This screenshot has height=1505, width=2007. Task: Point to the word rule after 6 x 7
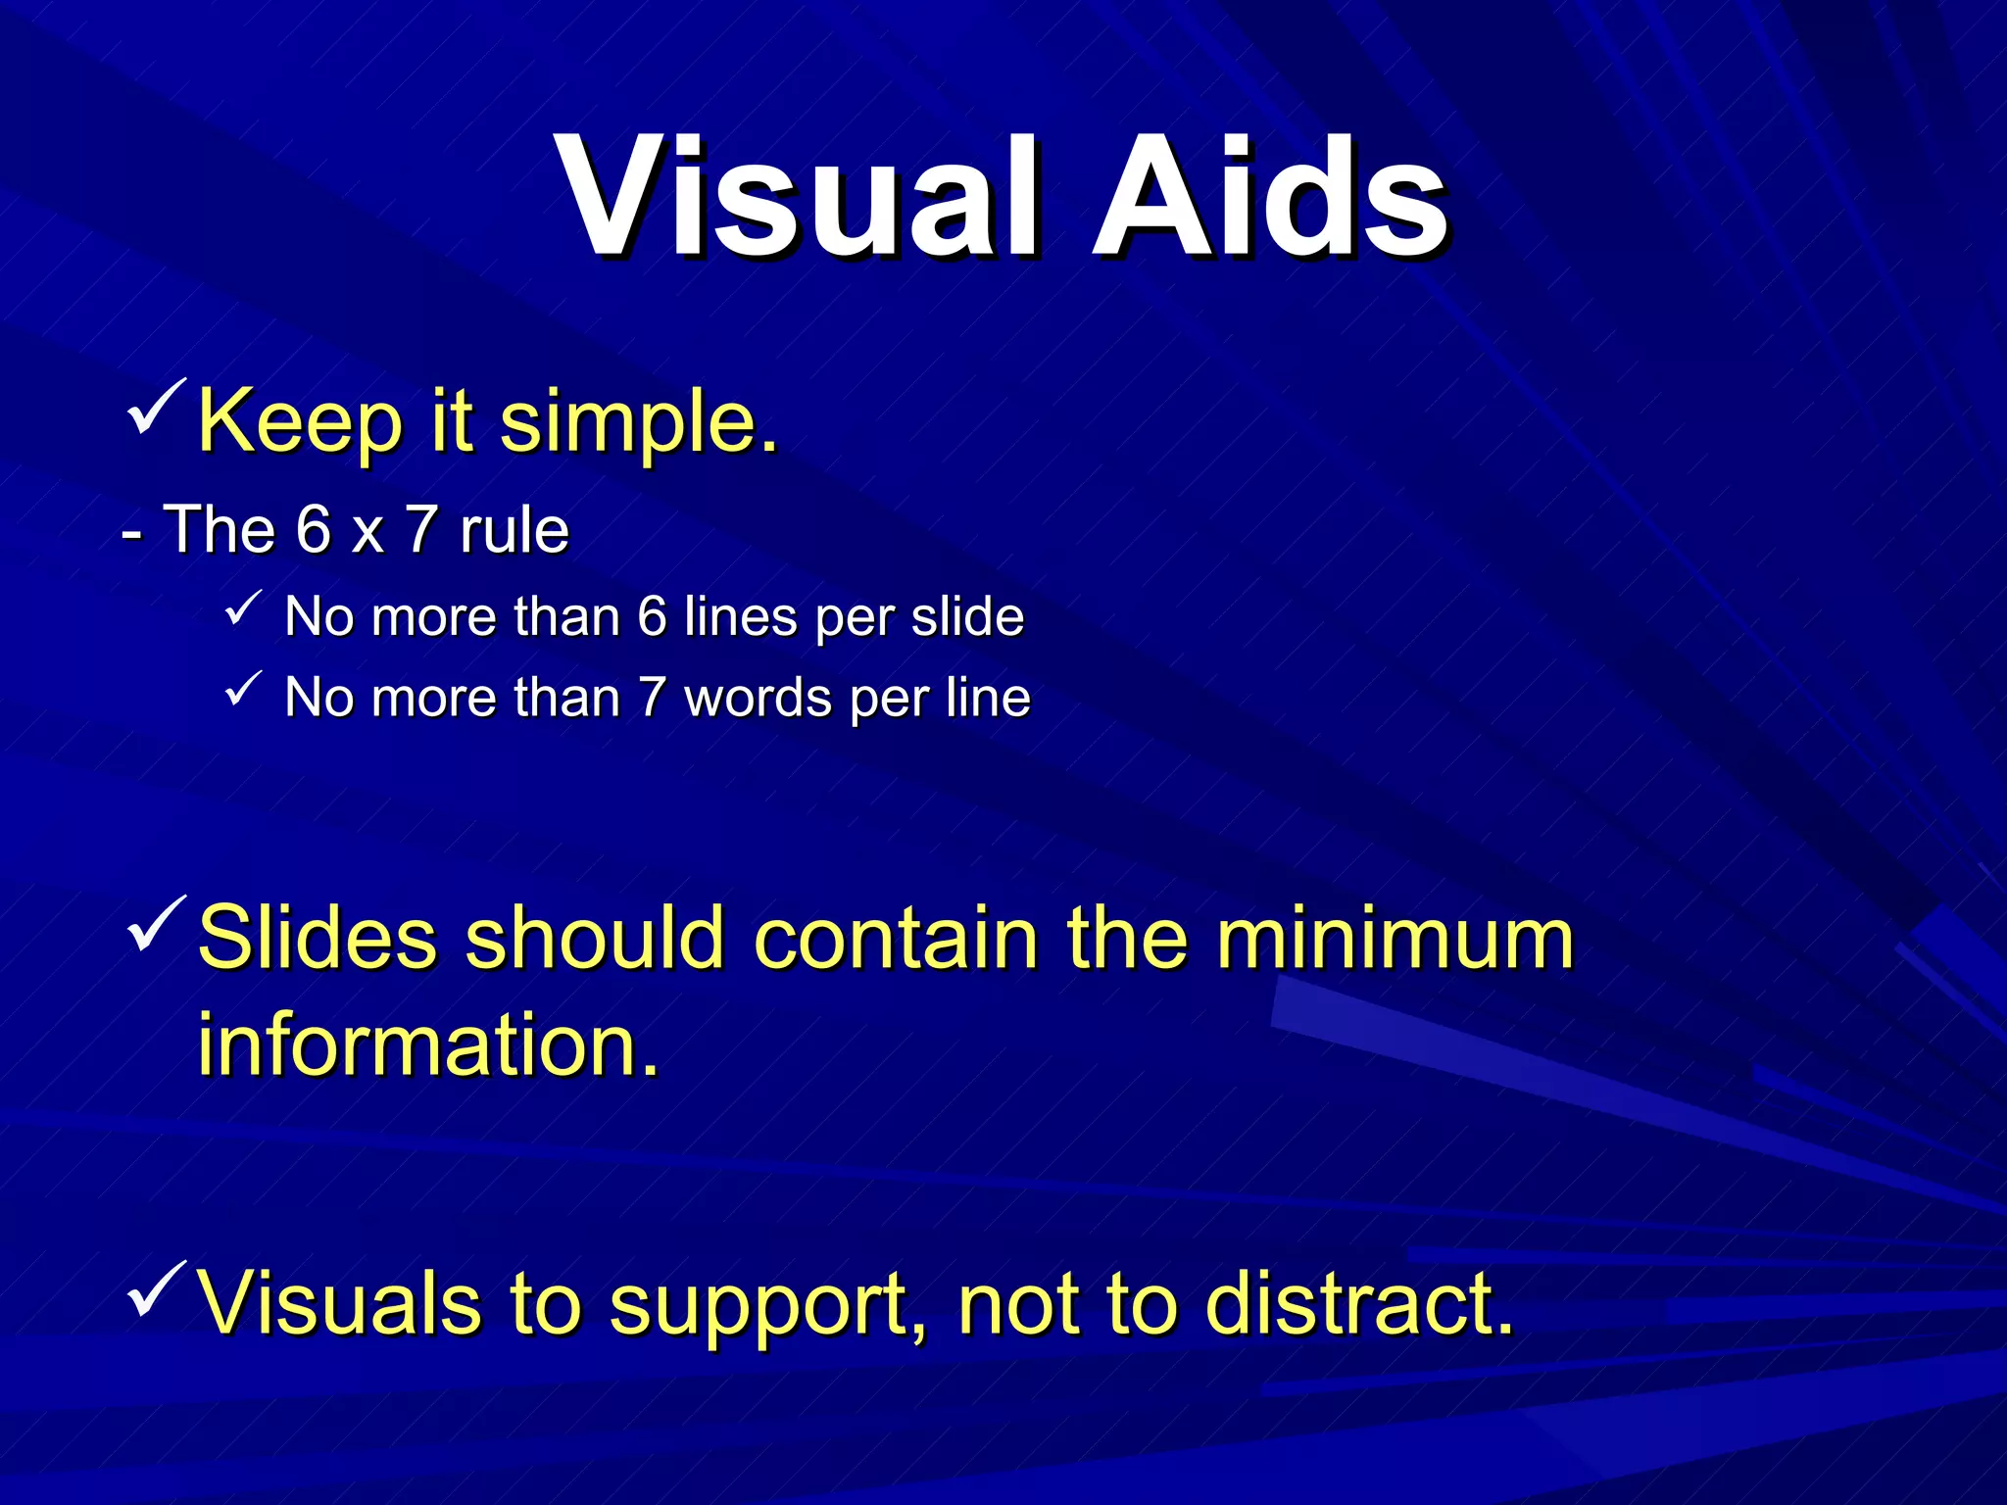(514, 530)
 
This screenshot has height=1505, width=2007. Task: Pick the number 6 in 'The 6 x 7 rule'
(314, 530)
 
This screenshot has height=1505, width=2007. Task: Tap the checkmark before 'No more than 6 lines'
(242, 608)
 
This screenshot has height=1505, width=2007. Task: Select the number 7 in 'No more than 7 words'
(652, 699)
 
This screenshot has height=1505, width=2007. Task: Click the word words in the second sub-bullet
(758, 699)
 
